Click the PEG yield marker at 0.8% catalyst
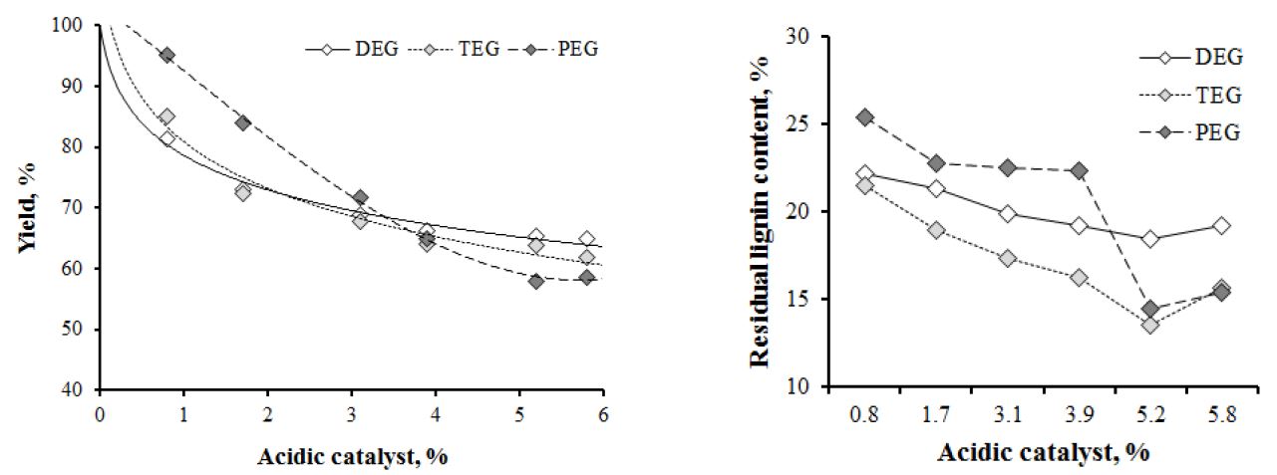[166, 55]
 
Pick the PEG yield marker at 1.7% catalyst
[242, 122]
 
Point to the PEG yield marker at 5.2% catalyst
[536, 281]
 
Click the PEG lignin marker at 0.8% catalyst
[865, 118]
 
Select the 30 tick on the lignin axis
[794, 37]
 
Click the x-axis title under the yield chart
[351, 456]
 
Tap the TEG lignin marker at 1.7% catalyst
[936, 230]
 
